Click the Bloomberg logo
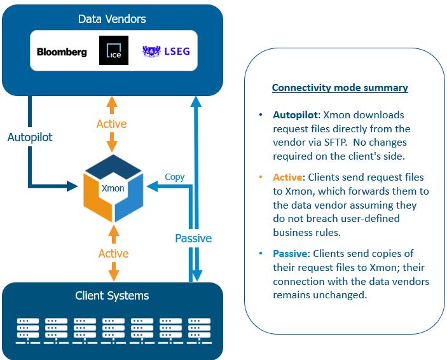62,52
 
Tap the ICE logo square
114,50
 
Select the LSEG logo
166,51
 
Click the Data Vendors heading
112,18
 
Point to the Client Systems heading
112,296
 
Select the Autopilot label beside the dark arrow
29,137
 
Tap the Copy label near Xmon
175,177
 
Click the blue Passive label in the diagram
193,239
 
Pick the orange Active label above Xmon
112,123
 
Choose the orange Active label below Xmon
113,254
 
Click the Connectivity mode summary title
340,88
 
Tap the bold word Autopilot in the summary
296,115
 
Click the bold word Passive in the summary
291,254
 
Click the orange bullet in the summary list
260,177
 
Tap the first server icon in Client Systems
27,329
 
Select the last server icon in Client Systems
198,329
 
